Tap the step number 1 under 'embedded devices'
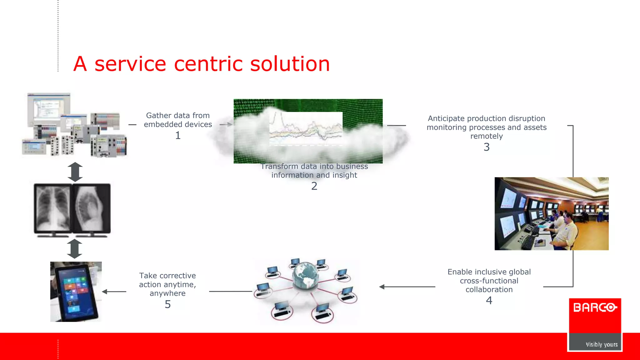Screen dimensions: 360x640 178,136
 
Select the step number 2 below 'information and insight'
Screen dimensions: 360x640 314,186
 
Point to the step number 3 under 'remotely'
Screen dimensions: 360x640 487,147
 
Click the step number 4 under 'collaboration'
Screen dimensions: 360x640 489,301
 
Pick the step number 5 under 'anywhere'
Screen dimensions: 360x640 168,304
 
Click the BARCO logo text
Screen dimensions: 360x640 595,308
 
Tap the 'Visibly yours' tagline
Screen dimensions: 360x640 602,344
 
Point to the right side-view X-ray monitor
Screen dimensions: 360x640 92,209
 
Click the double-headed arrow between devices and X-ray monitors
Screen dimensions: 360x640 75,172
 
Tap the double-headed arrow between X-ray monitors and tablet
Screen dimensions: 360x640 75,249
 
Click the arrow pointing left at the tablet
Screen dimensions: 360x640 114,292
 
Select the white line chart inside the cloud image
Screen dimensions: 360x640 306,128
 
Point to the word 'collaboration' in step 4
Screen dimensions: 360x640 489,290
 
